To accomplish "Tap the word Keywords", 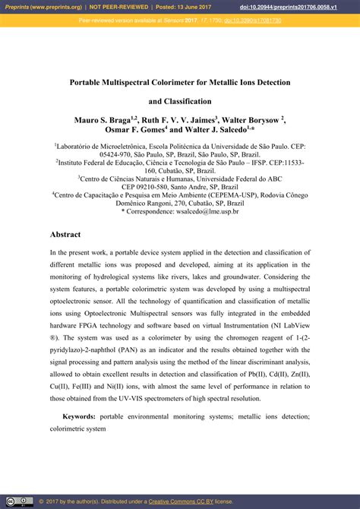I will pyautogui.click(x=79, y=416).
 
